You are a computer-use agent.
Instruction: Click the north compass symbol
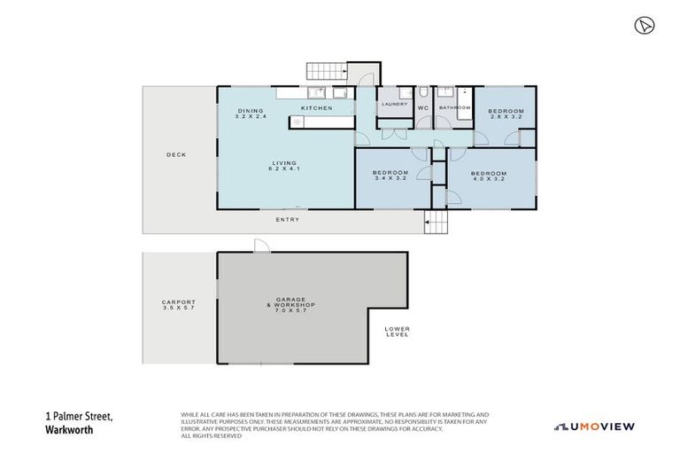point(644,26)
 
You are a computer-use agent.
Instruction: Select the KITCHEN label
point(316,108)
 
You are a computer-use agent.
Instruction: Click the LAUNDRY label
point(394,105)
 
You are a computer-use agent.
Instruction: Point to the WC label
point(423,108)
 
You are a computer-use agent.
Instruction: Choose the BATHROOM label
point(455,107)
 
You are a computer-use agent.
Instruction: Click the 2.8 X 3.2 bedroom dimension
point(506,116)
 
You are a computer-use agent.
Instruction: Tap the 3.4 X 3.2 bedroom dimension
point(390,178)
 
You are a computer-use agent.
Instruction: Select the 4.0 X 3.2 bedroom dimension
point(488,178)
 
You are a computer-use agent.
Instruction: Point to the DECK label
point(176,154)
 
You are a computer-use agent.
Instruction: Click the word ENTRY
point(288,220)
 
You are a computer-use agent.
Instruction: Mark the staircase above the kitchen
point(325,71)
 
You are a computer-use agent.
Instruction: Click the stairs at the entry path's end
point(437,223)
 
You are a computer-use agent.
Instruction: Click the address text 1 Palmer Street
point(79,416)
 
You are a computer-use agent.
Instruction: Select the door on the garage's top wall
point(259,246)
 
